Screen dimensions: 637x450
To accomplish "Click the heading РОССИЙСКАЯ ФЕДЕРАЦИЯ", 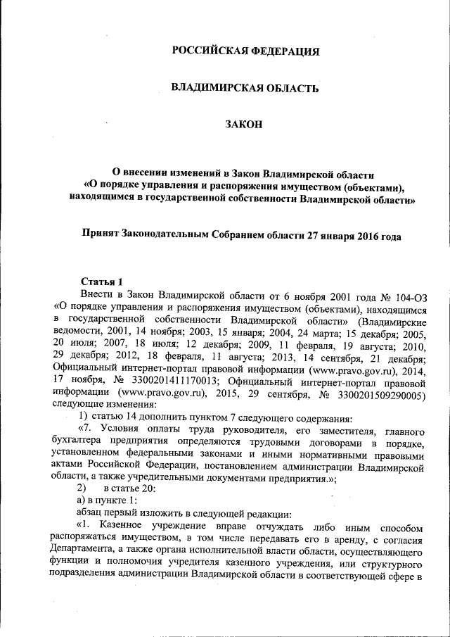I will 245,51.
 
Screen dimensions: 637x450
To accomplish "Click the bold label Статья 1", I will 103,282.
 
